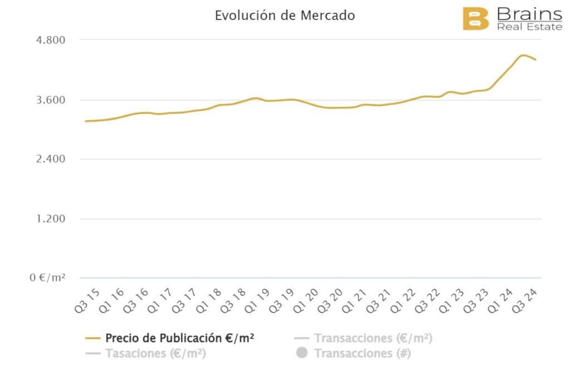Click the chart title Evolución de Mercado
284,16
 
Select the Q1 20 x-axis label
307,300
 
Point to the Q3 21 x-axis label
379,300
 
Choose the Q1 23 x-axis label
451,300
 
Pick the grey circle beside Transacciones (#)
302,353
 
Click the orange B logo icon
475,19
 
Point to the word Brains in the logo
529,13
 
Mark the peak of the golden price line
523,55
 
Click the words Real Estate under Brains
529,27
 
